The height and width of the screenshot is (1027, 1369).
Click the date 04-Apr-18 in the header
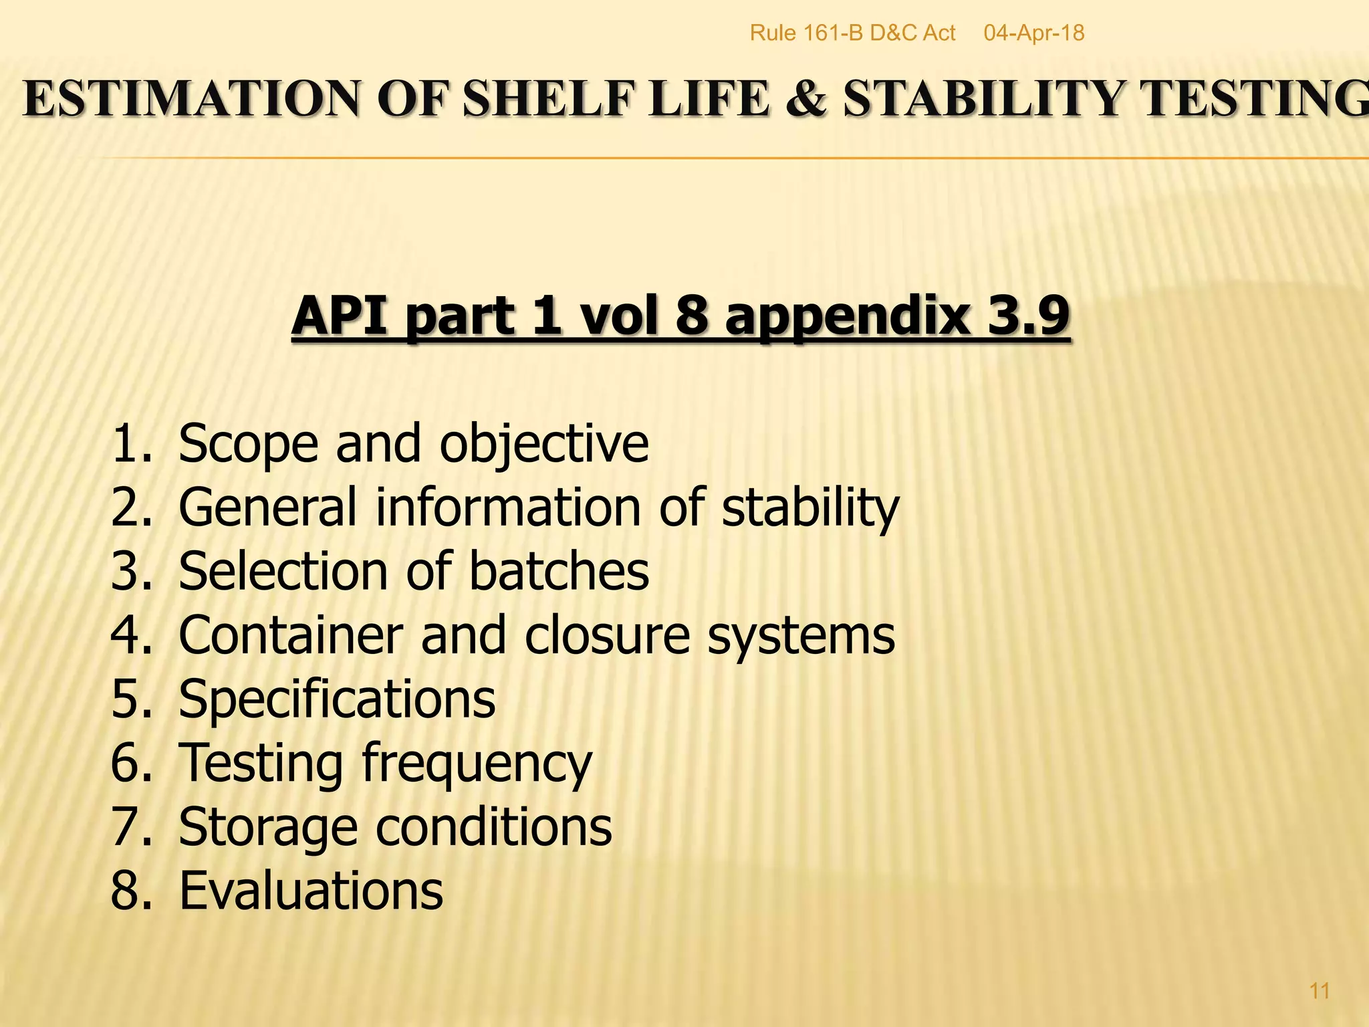pyautogui.click(x=1033, y=33)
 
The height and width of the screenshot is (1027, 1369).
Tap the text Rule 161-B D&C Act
pyautogui.click(x=852, y=33)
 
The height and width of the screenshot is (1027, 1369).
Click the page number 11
pyautogui.click(x=1320, y=990)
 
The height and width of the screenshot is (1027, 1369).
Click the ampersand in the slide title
pyautogui.click(x=806, y=99)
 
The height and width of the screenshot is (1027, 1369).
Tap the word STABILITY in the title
pyautogui.click(x=983, y=99)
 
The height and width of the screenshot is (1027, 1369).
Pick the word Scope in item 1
pyautogui.click(x=248, y=445)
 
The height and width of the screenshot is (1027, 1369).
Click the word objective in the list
pyautogui.click(x=543, y=445)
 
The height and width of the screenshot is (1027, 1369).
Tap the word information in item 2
pyautogui.click(x=508, y=507)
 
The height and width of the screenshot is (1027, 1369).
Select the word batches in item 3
pyautogui.click(x=559, y=572)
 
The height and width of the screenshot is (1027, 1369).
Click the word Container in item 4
pyautogui.click(x=291, y=635)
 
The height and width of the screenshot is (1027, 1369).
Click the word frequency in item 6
pyautogui.click(x=477, y=764)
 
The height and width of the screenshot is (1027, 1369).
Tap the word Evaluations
pyautogui.click(x=311, y=891)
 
